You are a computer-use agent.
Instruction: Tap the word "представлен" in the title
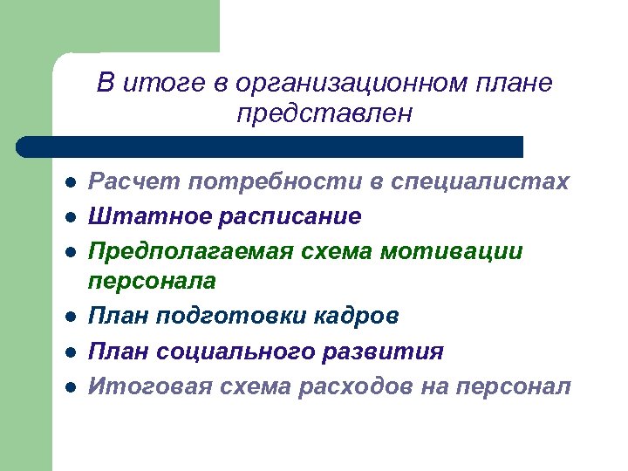(324, 114)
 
